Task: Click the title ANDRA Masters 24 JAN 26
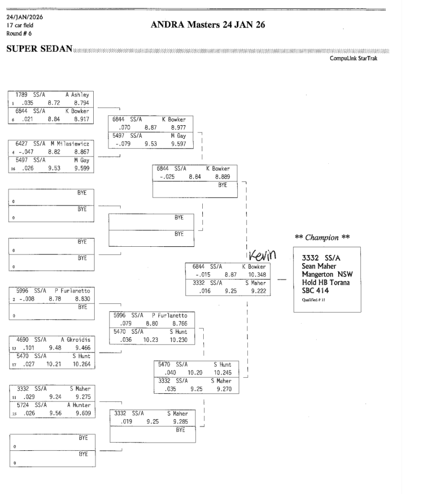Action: coord(208,25)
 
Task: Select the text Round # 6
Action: coord(19,33)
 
